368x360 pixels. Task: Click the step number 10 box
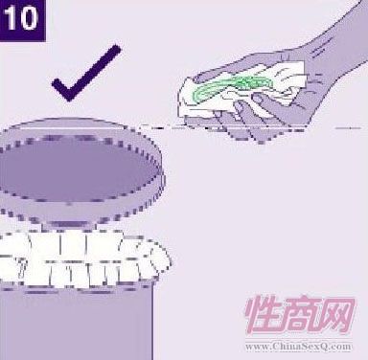22,20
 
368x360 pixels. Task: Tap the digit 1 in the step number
11,19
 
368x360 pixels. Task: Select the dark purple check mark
86,73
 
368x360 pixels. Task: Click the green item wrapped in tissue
232,85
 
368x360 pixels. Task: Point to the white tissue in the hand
242,88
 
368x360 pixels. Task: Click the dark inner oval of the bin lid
79,170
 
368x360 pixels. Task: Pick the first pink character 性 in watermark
263,315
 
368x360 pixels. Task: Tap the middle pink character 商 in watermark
300,315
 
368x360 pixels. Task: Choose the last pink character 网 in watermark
336,315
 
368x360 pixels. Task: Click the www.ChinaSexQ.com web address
299,347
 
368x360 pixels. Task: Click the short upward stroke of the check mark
61,89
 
